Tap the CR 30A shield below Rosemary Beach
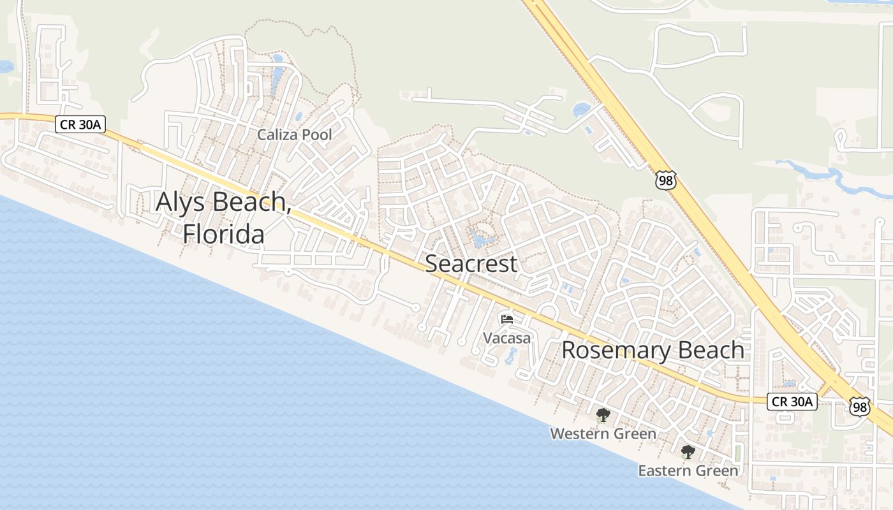click(791, 402)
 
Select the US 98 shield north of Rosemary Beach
click(665, 179)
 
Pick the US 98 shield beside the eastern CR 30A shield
click(859, 406)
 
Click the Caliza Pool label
click(295, 135)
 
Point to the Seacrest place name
click(471, 263)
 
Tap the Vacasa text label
click(506, 338)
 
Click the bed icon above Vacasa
click(507, 318)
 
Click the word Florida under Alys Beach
click(223, 234)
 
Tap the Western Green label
click(603, 434)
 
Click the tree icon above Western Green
click(603, 416)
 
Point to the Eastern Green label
click(688, 471)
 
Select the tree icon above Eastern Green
click(688, 453)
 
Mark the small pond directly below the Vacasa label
click(511, 356)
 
